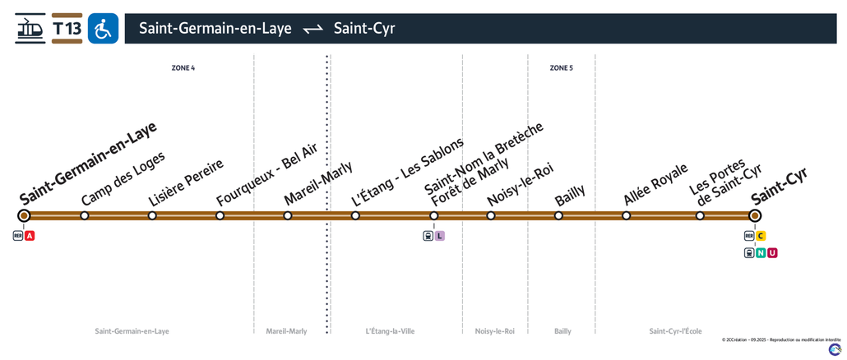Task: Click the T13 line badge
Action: tap(67, 28)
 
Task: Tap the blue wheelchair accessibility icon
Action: tap(103, 28)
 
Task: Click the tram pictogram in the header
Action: tap(30, 28)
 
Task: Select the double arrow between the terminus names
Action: tap(312, 29)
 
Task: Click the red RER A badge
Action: tap(30, 236)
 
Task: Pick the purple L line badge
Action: tap(440, 236)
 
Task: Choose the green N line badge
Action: tap(761, 252)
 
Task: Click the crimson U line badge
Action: tap(772, 252)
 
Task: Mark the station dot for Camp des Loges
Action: tap(84, 216)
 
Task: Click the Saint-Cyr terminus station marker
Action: tap(755, 216)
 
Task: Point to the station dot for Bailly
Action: tap(558, 216)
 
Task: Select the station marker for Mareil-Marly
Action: tap(287, 216)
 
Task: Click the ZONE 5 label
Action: tap(562, 68)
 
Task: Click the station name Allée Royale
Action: tap(656, 184)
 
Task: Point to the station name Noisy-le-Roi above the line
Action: tap(521, 184)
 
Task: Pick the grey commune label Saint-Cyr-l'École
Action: tap(676, 331)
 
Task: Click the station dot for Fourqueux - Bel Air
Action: tap(220, 216)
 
